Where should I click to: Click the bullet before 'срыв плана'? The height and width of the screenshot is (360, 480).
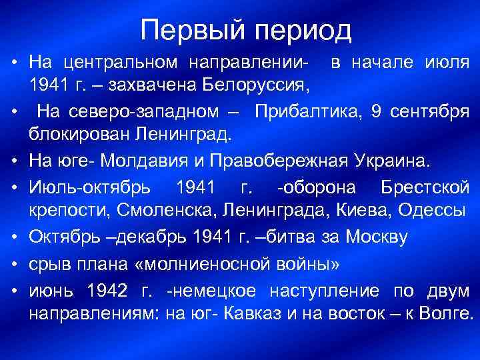coord(13,262)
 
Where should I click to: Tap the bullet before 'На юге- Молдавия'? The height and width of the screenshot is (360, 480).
coord(13,161)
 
